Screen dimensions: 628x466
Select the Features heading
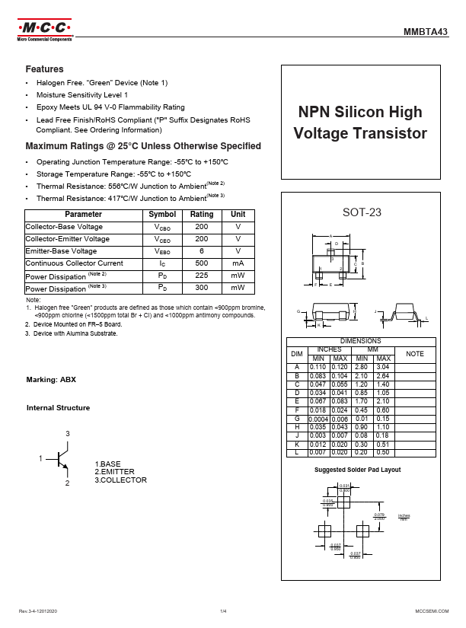tap(44, 69)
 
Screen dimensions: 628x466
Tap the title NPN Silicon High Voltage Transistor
tap(359, 123)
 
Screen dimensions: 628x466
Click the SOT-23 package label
tap(362, 212)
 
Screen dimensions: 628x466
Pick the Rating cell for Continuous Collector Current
tap(201, 263)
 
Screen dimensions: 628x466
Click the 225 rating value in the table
tap(201, 276)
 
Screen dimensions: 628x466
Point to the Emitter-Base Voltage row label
tap(61, 251)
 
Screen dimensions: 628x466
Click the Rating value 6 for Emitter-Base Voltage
tap(201, 251)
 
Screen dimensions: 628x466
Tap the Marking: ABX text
tap(51, 379)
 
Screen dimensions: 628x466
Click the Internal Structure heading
tap(58, 408)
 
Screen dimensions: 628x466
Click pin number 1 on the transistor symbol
tap(41, 459)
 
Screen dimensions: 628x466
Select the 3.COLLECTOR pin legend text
tap(120, 480)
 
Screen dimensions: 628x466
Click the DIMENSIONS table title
tap(360, 341)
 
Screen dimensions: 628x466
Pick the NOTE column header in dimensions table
tap(414, 354)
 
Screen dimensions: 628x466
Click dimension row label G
tap(297, 419)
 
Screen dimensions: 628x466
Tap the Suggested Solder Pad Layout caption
tap(358, 470)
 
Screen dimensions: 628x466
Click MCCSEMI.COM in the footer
tap(431, 611)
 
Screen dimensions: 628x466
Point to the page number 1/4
tap(224, 611)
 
